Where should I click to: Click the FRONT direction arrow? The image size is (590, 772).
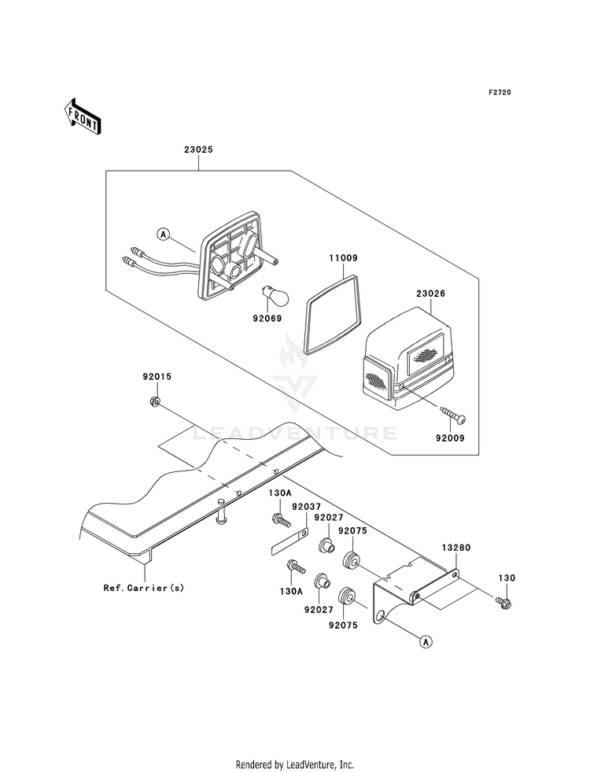tap(82, 116)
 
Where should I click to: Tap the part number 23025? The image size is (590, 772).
tap(198, 150)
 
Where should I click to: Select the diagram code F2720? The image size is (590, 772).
tap(500, 92)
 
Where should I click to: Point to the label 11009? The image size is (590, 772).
tap(343, 257)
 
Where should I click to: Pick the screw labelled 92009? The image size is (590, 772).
tap(452, 415)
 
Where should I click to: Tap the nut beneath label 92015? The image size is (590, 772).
tap(154, 402)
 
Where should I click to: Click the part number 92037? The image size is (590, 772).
tap(306, 506)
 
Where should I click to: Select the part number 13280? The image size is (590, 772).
tap(456, 547)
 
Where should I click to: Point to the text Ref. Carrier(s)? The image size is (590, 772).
tap(144, 587)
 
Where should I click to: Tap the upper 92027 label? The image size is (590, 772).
tap(328, 518)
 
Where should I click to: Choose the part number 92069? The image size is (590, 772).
tap(267, 319)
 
